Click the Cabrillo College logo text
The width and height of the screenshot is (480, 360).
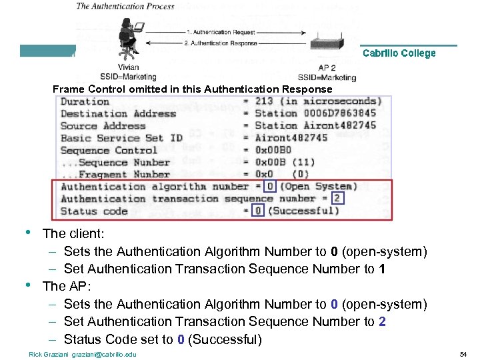pos(399,53)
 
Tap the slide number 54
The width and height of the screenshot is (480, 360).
pos(465,353)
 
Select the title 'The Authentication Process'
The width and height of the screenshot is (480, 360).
pos(125,7)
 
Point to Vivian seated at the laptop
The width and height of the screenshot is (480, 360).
pos(127,37)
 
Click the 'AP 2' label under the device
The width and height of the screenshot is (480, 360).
pos(327,68)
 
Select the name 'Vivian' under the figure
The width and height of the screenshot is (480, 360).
pos(128,68)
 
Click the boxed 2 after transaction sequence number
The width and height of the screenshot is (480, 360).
pos(337,199)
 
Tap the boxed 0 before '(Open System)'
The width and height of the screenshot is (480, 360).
pos(270,187)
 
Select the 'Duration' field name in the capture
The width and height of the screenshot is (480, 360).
pos(85,102)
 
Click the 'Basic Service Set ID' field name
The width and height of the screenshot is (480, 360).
pos(121,138)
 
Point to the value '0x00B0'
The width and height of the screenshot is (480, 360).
pos(273,150)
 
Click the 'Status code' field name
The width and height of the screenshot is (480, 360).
pos(94,211)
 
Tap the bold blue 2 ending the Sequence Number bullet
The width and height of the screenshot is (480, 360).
pos(382,322)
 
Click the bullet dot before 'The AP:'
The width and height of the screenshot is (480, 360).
pos(27,285)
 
